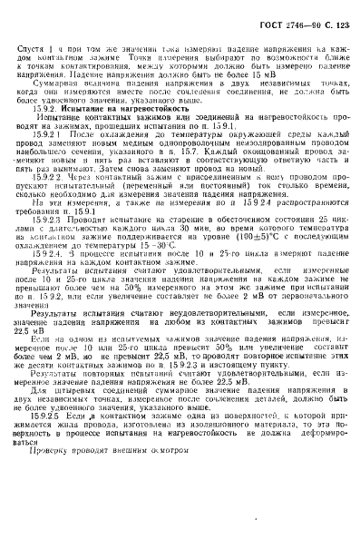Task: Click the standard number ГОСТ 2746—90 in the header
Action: pos(283,10)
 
